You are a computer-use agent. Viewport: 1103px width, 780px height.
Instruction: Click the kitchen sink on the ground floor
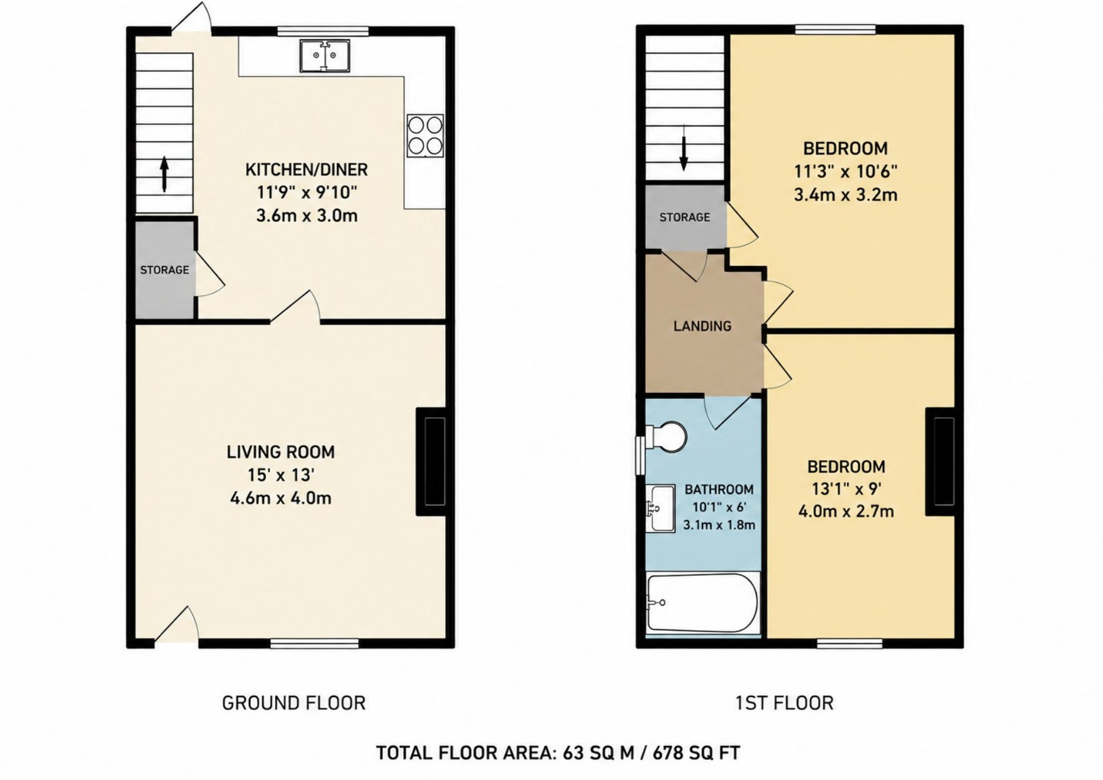point(325,55)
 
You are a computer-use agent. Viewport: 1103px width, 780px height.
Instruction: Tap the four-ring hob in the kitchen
point(425,135)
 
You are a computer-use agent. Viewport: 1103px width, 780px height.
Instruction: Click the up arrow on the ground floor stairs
point(164,174)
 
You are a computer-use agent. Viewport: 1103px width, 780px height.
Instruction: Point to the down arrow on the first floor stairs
point(684,153)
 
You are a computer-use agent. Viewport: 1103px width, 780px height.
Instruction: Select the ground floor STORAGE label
point(165,270)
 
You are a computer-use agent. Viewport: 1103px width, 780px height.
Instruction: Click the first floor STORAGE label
point(685,217)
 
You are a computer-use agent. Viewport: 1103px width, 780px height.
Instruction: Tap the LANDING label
point(702,326)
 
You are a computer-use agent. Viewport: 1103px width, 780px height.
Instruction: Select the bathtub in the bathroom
point(702,603)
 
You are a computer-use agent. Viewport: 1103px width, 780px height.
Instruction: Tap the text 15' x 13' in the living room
point(281,475)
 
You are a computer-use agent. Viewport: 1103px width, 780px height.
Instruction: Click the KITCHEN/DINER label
point(306,169)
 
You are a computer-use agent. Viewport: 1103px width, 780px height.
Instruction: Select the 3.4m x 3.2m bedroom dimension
point(845,194)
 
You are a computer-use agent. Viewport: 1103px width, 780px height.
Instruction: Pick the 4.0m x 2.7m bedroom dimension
point(846,511)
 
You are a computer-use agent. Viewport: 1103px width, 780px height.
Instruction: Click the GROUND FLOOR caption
point(294,703)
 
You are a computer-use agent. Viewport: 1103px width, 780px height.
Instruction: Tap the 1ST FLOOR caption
point(784,703)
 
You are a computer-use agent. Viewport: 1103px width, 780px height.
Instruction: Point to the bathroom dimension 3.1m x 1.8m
point(719,525)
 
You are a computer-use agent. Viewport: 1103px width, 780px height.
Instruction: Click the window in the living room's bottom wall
point(314,643)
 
